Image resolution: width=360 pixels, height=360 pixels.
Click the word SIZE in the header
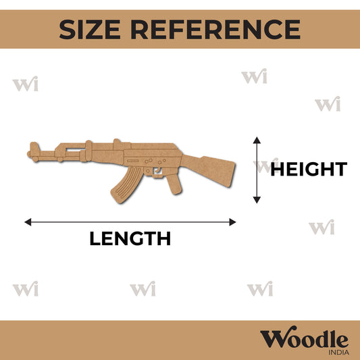(x=90, y=30)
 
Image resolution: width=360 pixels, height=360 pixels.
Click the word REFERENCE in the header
(x=215, y=30)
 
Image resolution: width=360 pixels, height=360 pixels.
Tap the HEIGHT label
(x=309, y=169)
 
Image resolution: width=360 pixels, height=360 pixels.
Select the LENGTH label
(x=130, y=238)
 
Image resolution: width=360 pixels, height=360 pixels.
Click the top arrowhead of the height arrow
(x=257, y=140)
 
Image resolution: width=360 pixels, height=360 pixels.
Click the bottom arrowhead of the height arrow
(x=257, y=200)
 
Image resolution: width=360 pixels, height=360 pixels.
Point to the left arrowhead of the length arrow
(x=28, y=222)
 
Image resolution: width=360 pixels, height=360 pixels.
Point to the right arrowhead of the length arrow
(x=232, y=222)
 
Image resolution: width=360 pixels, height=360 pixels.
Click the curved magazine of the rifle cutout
(x=126, y=185)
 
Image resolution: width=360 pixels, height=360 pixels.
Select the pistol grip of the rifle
(x=174, y=184)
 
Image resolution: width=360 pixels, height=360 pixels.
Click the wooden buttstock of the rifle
(x=209, y=170)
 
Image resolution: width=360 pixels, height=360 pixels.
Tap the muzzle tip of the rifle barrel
(x=28, y=154)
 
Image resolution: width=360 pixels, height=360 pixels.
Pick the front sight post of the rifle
(x=34, y=147)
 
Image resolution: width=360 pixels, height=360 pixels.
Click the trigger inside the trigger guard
(x=157, y=170)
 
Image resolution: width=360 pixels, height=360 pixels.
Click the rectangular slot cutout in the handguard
(x=75, y=150)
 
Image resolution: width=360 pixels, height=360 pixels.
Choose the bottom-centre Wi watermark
(x=143, y=288)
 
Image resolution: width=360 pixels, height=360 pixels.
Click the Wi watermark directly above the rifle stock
(x=254, y=76)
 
